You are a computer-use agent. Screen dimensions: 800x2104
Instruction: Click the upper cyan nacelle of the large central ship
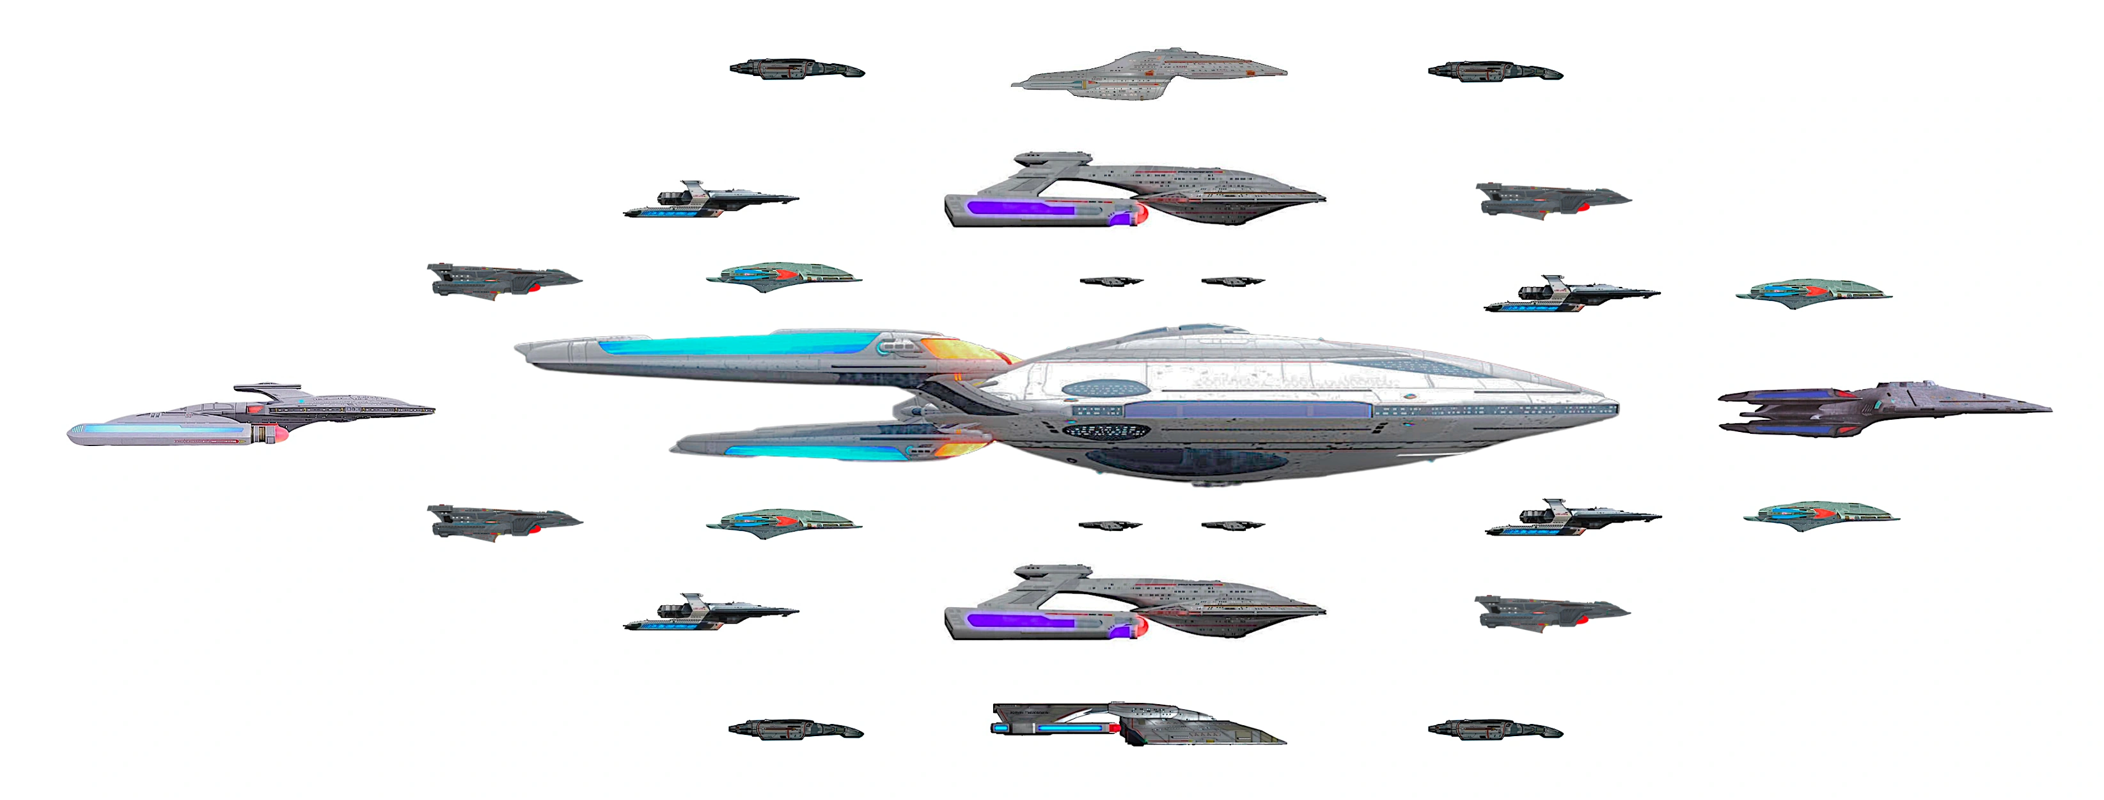click(735, 344)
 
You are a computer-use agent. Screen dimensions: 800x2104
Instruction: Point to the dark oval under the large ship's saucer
click(1184, 463)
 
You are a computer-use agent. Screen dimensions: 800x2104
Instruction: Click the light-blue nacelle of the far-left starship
click(163, 429)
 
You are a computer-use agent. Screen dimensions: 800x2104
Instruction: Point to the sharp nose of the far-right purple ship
click(2046, 409)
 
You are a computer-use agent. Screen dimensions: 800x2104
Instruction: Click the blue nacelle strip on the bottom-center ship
click(1070, 727)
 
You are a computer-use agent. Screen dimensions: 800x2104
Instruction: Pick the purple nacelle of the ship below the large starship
click(1021, 621)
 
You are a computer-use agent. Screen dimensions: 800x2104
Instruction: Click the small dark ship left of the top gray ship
click(796, 70)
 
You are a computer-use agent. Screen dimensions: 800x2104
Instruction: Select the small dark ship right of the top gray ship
click(1495, 72)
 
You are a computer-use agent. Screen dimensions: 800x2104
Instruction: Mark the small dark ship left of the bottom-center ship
click(796, 729)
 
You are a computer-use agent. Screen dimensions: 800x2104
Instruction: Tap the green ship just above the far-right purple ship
click(1813, 293)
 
